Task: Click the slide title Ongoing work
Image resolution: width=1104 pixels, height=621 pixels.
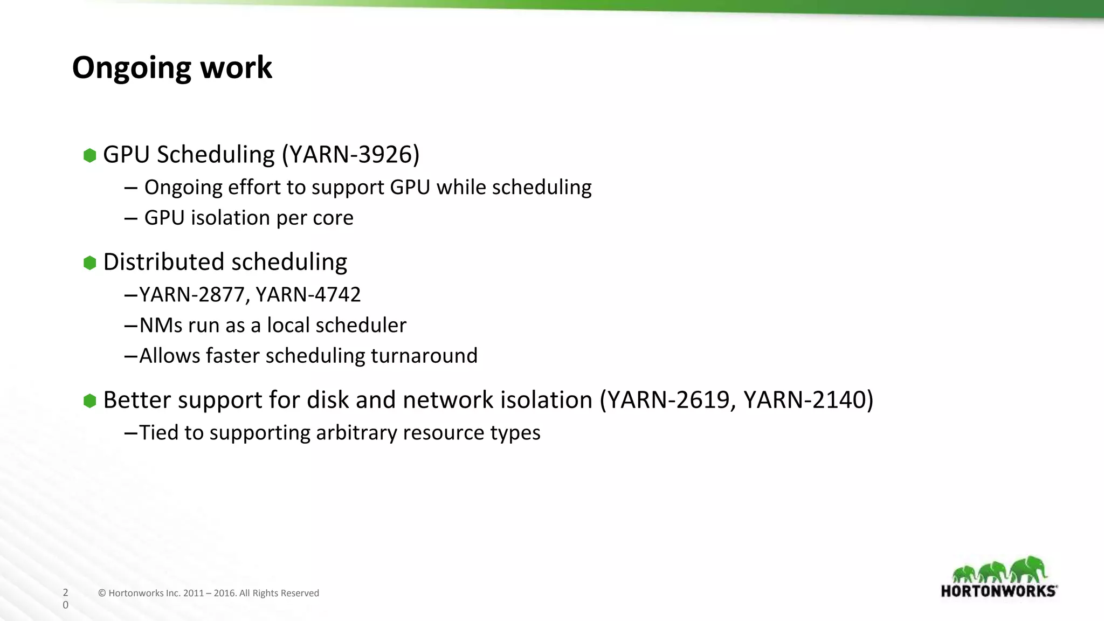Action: coord(172,68)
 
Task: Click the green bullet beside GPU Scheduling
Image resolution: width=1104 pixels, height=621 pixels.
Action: coord(89,156)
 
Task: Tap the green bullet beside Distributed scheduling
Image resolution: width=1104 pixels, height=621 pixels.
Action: coord(89,263)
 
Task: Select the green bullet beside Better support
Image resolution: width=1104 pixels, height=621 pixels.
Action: coord(89,401)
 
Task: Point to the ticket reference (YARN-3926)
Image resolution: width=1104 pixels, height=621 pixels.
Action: coord(351,155)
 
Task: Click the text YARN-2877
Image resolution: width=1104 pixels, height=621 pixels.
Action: coord(194,295)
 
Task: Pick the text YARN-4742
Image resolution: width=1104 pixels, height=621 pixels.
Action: coord(308,295)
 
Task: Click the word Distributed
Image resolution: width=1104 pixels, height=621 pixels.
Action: coord(164,262)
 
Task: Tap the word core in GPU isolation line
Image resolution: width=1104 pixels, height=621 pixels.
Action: coord(334,218)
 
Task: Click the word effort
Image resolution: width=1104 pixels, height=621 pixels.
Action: coord(254,188)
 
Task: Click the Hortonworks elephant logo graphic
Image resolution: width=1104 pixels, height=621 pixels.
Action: coord(999,570)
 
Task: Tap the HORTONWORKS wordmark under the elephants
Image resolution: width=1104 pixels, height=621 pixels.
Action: coord(998,591)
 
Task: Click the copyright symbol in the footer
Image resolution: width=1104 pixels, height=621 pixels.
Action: coord(102,594)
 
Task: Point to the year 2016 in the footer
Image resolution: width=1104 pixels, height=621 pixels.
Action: coord(224,594)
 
